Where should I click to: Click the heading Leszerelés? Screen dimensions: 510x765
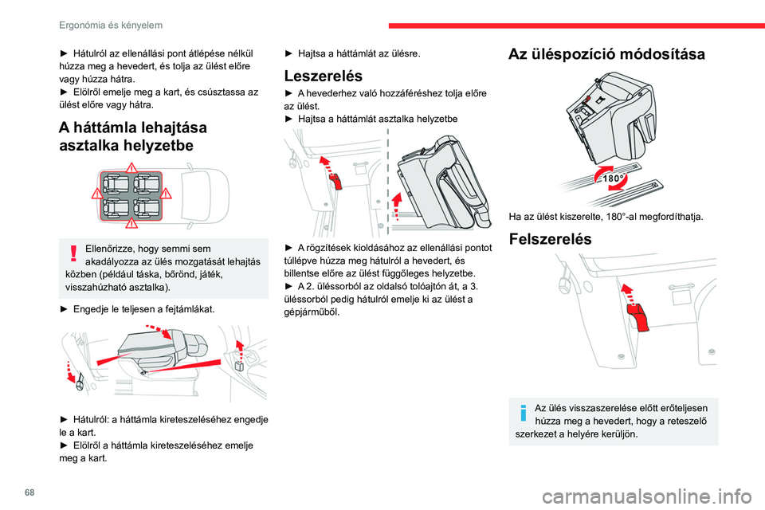click(324, 76)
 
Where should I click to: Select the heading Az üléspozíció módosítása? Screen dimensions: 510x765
click(606, 54)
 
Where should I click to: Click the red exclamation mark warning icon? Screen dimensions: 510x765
click(73, 253)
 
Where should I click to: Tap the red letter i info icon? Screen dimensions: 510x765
click(523, 413)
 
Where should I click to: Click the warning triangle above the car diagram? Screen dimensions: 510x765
click(132, 167)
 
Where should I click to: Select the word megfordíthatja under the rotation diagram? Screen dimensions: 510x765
click(666, 214)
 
